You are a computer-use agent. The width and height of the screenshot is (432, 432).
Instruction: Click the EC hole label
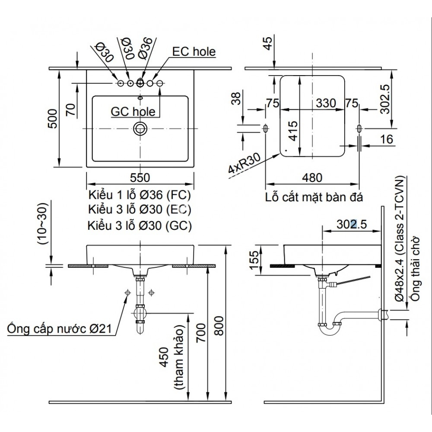(x=194, y=52)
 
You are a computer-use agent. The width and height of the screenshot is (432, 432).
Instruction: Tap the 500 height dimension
(x=52, y=118)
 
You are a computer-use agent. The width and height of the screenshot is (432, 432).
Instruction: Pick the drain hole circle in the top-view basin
(x=140, y=128)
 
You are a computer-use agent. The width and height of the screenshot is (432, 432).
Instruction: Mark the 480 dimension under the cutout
(x=312, y=178)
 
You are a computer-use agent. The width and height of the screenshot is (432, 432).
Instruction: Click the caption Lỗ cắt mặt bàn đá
(x=314, y=198)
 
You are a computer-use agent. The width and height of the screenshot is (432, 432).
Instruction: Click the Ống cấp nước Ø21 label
(x=60, y=329)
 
